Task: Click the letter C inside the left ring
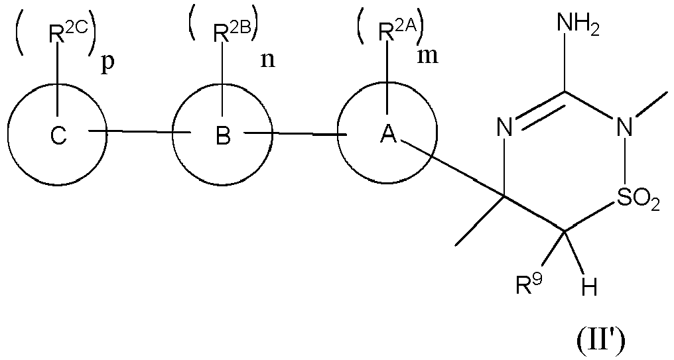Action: coord(58,137)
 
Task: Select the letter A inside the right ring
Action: coord(387,135)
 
